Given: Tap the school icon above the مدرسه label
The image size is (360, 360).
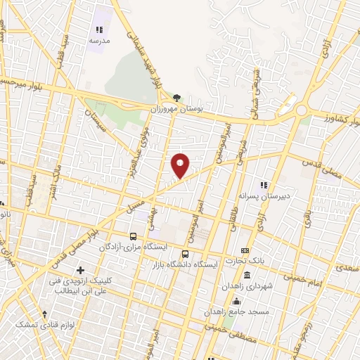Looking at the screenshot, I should pyautogui.click(x=99, y=30).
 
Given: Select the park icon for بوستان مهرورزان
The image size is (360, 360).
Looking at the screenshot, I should pyautogui.click(x=176, y=98).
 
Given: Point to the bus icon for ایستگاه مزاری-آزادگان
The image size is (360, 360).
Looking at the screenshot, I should pyautogui.click(x=134, y=236).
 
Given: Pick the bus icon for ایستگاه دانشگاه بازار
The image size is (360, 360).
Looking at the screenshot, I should pyautogui.click(x=186, y=254).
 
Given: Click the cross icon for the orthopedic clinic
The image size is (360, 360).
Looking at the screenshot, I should pyautogui.click(x=81, y=270).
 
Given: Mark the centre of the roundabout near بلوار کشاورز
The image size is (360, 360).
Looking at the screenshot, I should pyautogui.click(x=301, y=110).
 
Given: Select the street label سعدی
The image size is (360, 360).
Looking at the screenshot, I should pyautogui.click(x=347, y=268).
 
